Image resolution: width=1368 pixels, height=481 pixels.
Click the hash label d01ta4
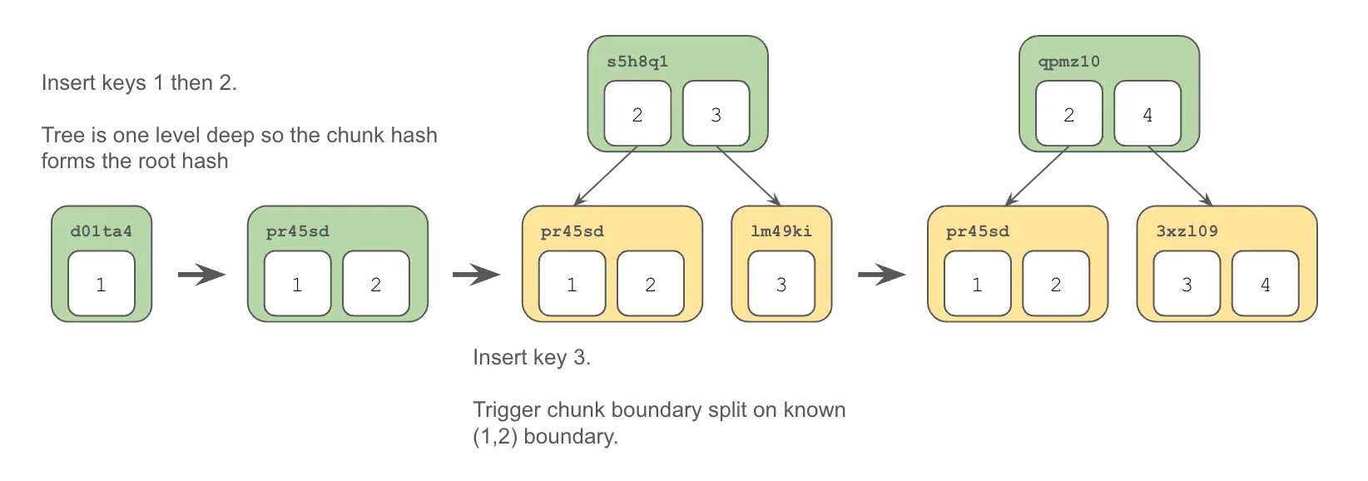(101, 231)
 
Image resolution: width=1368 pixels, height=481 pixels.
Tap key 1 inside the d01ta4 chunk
(101, 285)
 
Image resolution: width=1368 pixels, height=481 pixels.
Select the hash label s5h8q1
(637, 62)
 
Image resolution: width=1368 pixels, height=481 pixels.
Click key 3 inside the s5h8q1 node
(716, 114)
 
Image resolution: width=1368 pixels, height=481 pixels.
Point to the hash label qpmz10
(1069, 62)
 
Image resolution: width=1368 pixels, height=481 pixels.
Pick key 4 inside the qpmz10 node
(1147, 114)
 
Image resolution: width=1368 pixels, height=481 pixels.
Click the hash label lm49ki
(781, 231)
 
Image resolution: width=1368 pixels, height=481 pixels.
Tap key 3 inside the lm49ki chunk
(781, 285)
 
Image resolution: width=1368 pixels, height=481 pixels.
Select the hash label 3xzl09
(1187, 231)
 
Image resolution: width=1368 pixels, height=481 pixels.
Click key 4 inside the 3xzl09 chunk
(1265, 285)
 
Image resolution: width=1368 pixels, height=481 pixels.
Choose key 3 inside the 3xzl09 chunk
(1187, 285)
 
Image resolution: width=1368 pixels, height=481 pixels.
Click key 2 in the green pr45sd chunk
(375, 285)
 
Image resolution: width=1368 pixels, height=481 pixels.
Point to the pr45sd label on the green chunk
(297, 231)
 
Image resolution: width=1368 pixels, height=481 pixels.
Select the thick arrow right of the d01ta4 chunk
(201, 274)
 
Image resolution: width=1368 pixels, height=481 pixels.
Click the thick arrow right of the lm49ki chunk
(881, 274)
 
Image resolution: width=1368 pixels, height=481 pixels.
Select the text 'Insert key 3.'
(532, 358)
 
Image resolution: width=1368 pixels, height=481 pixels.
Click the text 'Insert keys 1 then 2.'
(139, 83)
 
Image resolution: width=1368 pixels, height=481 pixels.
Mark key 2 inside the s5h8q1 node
(637, 114)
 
